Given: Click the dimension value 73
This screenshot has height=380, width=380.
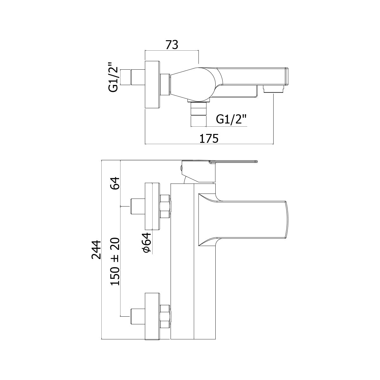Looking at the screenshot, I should pos(172,45).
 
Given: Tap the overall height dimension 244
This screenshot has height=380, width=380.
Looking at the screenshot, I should pos(96,250).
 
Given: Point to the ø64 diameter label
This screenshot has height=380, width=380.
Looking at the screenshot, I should pos(147,245).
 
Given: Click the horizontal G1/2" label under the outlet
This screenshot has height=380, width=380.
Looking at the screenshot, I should pos(231,120).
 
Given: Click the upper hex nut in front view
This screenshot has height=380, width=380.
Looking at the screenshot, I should pos(165,206).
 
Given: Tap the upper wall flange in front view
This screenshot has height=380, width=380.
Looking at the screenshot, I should pos(153,206).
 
